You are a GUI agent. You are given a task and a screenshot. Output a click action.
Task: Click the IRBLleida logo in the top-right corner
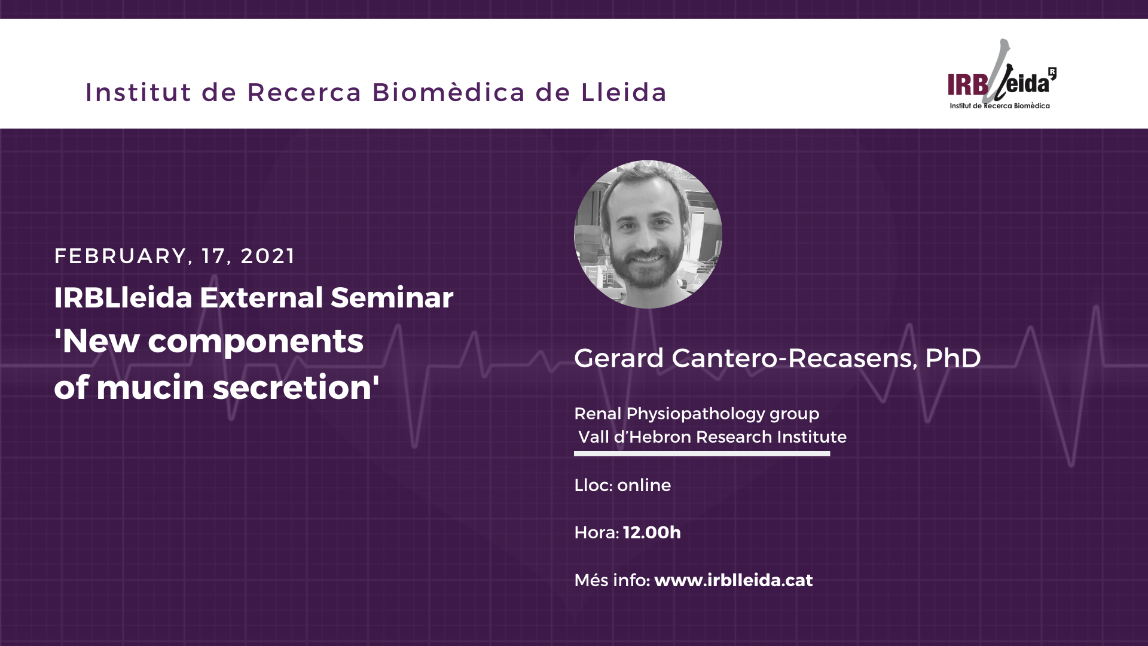click(1002, 75)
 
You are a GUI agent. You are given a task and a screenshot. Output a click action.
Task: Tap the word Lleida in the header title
click(624, 92)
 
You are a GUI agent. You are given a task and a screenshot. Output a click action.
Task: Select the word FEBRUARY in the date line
click(120, 256)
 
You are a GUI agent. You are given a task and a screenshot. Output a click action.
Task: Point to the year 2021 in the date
click(267, 256)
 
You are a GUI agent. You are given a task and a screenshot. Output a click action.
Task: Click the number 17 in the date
click(213, 256)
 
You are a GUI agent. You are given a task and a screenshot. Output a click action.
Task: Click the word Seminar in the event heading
click(392, 297)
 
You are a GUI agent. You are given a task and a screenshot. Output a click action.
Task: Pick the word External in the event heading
click(261, 297)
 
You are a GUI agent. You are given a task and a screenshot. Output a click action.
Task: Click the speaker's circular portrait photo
click(648, 234)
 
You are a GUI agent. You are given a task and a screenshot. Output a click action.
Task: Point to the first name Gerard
click(619, 358)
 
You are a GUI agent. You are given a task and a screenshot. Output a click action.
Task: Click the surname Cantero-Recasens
click(792, 358)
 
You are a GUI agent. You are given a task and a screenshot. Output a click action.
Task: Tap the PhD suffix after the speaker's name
click(953, 358)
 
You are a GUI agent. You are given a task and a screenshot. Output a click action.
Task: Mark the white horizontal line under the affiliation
click(702, 453)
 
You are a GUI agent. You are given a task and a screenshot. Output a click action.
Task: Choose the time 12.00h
click(652, 532)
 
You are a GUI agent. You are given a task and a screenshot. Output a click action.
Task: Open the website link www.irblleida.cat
click(734, 580)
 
